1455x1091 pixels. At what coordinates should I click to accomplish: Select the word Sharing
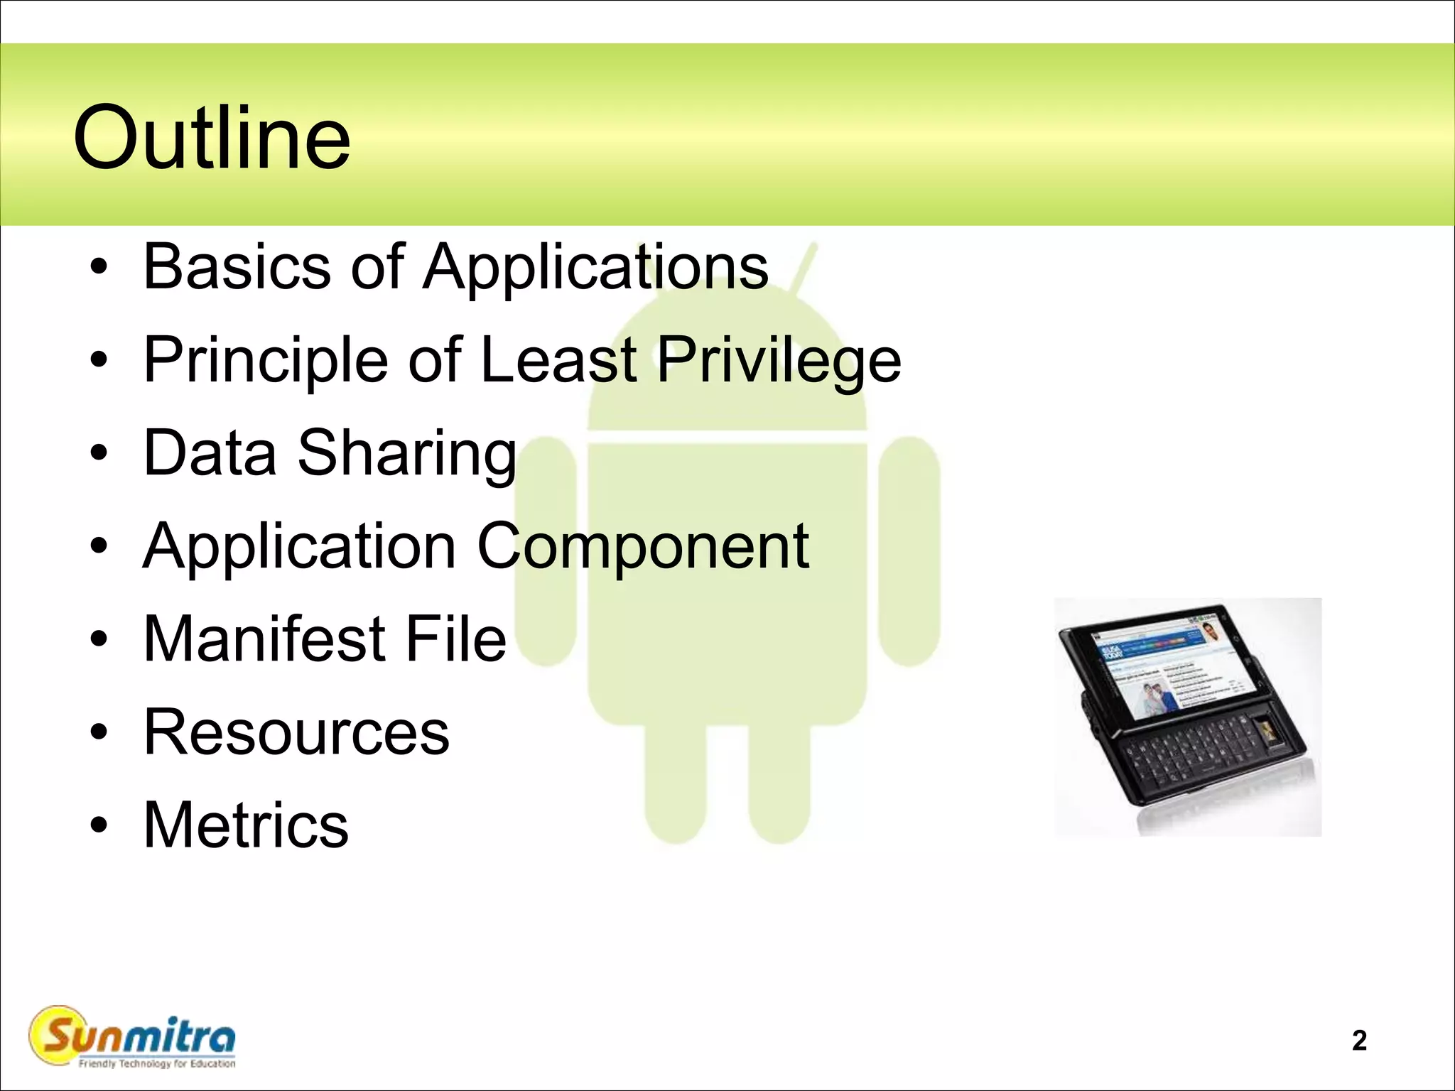pyautogui.click(x=406, y=453)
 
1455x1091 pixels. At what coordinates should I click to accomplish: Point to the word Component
pyautogui.click(x=643, y=547)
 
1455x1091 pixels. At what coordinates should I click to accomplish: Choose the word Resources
pyautogui.click(x=296, y=732)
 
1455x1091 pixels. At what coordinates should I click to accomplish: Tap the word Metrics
pyautogui.click(x=246, y=825)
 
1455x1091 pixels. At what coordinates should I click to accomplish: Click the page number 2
pyautogui.click(x=1359, y=1041)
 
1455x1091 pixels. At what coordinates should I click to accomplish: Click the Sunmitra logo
pyautogui.click(x=132, y=1036)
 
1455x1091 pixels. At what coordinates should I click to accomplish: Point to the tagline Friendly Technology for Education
pyautogui.click(x=157, y=1063)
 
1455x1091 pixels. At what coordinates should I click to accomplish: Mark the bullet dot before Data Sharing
pyautogui.click(x=99, y=453)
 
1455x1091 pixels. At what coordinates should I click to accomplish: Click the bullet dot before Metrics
pyautogui.click(x=99, y=825)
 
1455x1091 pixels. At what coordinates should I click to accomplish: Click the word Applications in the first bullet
pyautogui.click(x=595, y=266)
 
